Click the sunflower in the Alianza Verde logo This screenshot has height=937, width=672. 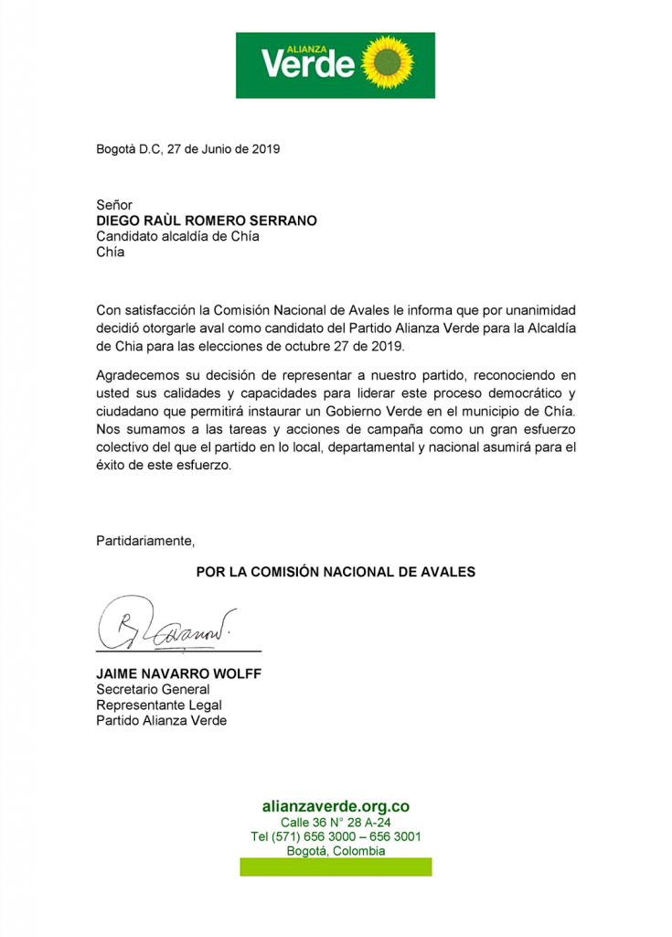tap(389, 64)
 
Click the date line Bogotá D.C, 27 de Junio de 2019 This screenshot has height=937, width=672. tap(187, 149)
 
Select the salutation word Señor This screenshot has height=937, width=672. tap(115, 205)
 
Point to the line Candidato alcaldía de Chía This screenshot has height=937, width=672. tap(178, 236)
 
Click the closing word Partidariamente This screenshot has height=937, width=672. tap(146, 540)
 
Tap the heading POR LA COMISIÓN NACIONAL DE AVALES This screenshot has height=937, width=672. tap(336, 572)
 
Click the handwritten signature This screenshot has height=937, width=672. tap(165, 623)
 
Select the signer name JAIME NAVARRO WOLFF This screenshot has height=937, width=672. tap(179, 674)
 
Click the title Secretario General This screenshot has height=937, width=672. tap(154, 689)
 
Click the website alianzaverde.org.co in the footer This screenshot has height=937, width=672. tap(336, 807)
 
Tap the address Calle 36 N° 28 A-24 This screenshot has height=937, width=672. tap(336, 823)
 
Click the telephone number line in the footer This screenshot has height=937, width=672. tap(336, 836)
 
